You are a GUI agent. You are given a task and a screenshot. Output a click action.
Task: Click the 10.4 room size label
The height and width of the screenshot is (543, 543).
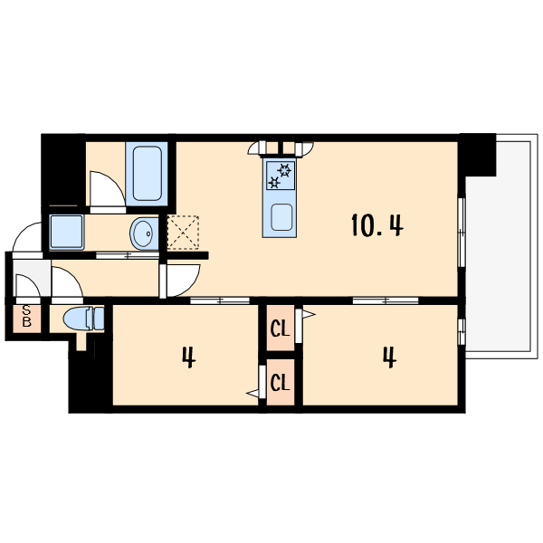[x=377, y=225]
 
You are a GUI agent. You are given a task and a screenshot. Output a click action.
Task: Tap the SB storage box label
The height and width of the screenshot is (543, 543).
[x=26, y=316]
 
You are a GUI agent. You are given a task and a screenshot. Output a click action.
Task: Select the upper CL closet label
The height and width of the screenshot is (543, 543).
[x=280, y=329]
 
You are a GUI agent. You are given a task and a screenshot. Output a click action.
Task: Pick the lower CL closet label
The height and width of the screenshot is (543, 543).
[x=280, y=383]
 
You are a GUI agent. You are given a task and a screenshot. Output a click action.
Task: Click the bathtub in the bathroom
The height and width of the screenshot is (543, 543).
[x=147, y=174]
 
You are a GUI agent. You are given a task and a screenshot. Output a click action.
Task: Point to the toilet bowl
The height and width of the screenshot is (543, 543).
[x=83, y=319]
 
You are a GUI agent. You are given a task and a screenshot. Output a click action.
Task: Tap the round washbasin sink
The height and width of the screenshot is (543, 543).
[x=144, y=233]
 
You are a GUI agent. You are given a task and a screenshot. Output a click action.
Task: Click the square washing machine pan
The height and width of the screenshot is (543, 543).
[x=66, y=232]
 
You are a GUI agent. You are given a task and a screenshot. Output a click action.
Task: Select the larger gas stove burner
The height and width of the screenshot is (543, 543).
[x=285, y=170]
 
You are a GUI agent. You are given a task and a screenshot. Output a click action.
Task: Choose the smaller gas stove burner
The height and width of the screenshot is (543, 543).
[x=274, y=182]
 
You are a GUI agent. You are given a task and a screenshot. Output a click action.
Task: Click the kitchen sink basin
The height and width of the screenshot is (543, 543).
[x=281, y=217]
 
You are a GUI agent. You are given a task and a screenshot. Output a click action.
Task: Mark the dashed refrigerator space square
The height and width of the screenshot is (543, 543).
[x=183, y=232]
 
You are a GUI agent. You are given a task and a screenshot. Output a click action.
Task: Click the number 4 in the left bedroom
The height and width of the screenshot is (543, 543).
[x=189, y=357]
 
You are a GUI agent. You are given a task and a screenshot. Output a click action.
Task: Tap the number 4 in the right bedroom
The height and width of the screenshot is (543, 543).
[x=389, y=357]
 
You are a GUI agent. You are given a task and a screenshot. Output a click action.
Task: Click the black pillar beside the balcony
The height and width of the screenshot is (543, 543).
[x=477, y=155]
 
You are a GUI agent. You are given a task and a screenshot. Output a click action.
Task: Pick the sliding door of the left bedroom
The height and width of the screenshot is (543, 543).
[x=220, y=300]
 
